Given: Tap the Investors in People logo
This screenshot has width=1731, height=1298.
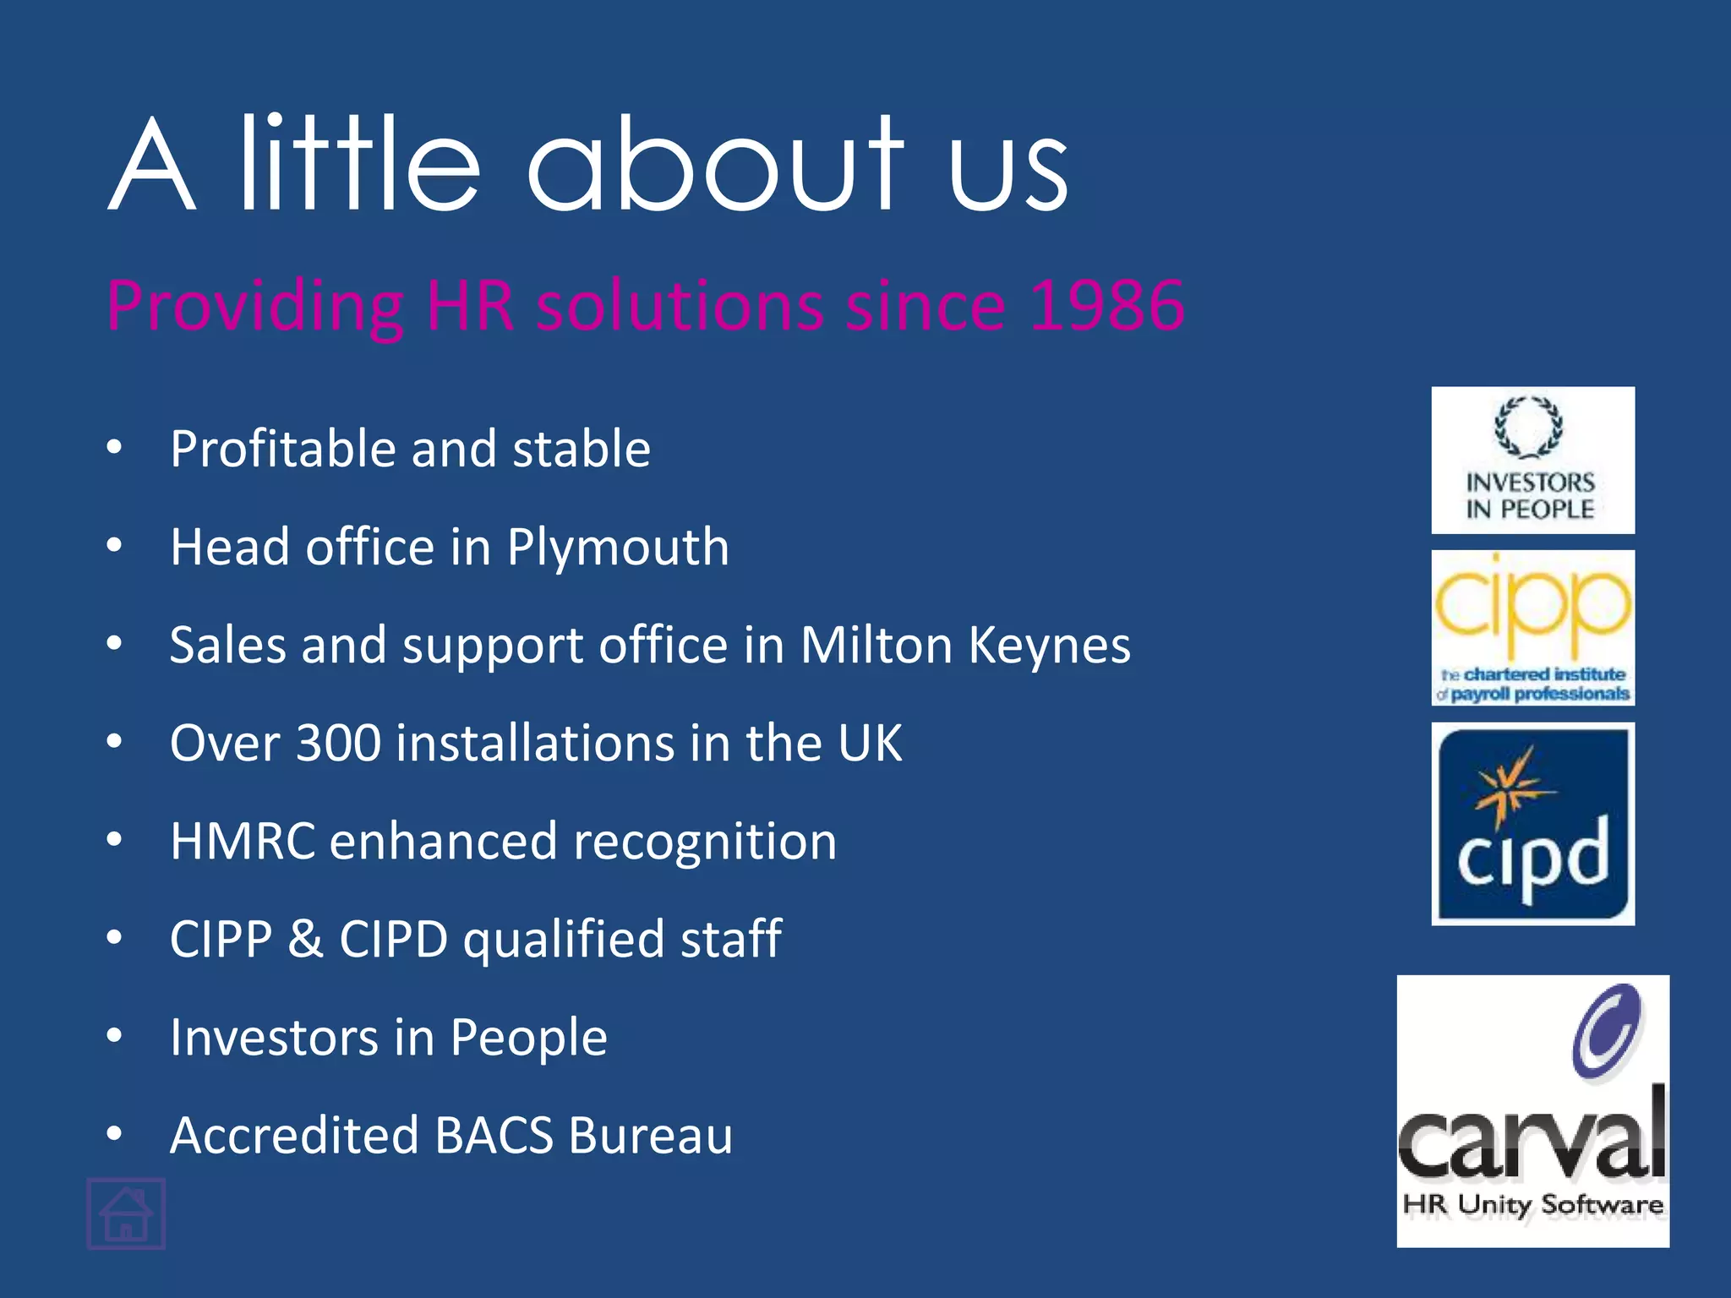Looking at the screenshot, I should point(1532,461).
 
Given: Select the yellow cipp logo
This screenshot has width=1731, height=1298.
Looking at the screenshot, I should point(1532,628).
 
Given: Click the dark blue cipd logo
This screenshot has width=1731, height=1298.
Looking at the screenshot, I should point(1532,824).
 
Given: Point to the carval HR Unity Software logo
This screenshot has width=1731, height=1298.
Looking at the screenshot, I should point(1532,1110).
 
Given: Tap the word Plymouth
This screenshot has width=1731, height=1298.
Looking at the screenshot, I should point(618,547).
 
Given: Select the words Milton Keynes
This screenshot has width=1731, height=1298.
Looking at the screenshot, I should point(965,646).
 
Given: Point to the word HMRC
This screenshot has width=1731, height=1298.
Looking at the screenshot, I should point(243,842).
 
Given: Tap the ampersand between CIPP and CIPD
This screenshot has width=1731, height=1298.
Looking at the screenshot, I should point(305,939).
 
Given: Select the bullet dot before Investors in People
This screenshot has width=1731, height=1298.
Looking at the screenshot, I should point(115,1035).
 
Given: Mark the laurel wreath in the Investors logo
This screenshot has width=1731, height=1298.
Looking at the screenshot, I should point(1528,428).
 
